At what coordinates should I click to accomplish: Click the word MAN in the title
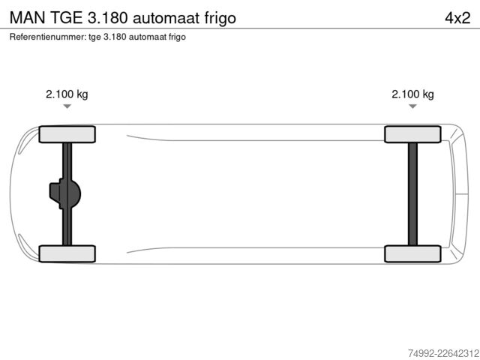[x=28, y=18]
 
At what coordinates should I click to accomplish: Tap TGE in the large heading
[x=66, y=18]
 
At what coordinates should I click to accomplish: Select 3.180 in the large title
[x=107, y=18]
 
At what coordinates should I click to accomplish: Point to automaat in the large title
[x=166, y=18]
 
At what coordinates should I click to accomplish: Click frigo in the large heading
[x=220, y=19]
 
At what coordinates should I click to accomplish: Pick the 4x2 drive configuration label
[x=457, y=18]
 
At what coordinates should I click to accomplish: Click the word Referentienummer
[x=48, y=37]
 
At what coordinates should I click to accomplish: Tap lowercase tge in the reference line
[x=94, y=37]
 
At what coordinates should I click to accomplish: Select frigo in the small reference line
[x=177, y=37]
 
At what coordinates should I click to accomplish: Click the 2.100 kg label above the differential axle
[x=67, y=94]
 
